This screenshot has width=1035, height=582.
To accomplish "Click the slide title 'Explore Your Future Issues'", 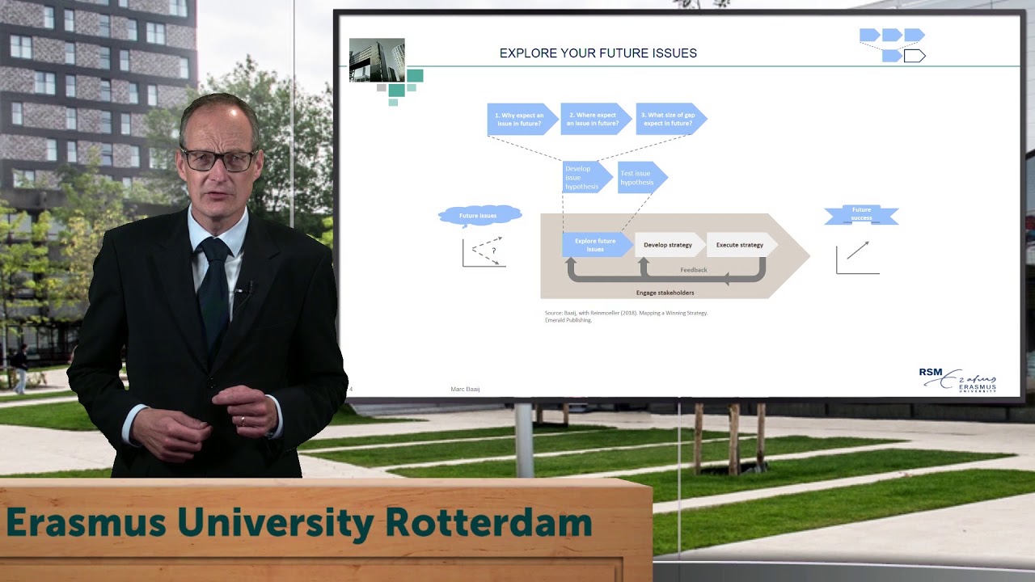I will pos(598,53).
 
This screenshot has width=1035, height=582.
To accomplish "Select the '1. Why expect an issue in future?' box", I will pos(520,120).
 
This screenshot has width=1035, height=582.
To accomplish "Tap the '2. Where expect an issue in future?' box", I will pos(594,120).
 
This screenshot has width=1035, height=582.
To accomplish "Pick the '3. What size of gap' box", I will pos(668,120).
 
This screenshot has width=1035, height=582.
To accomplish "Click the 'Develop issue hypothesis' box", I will pos(584,178).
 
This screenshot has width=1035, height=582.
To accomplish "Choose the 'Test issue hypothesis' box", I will pos(640,178).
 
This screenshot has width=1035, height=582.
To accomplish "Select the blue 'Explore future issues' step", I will pos(595,245).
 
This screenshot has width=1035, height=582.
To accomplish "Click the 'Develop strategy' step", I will pos(668,245).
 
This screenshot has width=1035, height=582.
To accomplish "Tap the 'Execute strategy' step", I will pos(740,245).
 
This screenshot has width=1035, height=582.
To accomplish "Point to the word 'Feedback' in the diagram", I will pos(693,270).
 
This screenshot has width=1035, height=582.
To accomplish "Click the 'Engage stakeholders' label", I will pos(665,293).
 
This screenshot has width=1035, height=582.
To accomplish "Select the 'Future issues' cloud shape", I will pos(479,216).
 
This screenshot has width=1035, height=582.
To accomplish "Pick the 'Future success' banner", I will pos(861,215).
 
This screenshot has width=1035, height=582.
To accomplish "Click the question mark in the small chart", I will pos(493,251).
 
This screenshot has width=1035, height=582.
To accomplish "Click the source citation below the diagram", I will pos(626,316).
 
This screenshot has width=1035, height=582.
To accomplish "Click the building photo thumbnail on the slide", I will pos(377,60).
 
